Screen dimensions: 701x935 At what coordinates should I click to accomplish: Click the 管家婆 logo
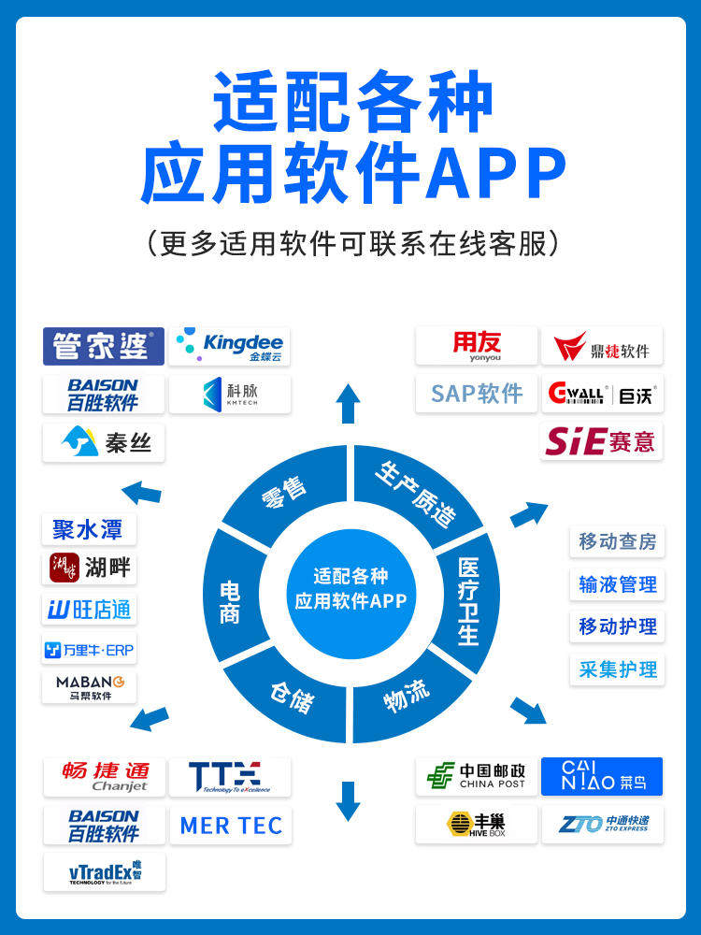click(104, 346)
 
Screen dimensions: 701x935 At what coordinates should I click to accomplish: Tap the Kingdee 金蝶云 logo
click(230, 346)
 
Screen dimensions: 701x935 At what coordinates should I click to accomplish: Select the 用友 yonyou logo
click(477, 346)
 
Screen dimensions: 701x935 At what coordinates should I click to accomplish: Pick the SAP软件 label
click(477, 394)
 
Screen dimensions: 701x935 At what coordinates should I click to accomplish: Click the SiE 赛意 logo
click(602, 441)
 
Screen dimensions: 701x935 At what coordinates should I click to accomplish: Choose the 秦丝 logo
click(104, 442)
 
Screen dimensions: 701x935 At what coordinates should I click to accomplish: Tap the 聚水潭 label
click(89, 528)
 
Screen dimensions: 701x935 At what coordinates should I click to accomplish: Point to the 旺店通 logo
click(89, 610)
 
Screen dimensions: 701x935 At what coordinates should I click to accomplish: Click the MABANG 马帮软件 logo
click(89, 687)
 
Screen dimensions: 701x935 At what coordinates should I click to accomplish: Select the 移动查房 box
click(617, 541)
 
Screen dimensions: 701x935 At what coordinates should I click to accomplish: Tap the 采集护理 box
click(617, 669)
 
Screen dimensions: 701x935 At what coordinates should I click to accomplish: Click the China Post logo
click(477, 776)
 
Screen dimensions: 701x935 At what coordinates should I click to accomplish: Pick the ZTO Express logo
click(602, 825)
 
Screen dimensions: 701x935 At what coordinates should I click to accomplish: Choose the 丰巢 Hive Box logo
click(477, 825)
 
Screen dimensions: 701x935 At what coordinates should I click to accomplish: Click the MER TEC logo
click(230, 826)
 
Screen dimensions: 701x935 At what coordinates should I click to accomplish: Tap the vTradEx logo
click(104, 872)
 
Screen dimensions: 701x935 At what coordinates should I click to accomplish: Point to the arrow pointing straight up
click(349, 403)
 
